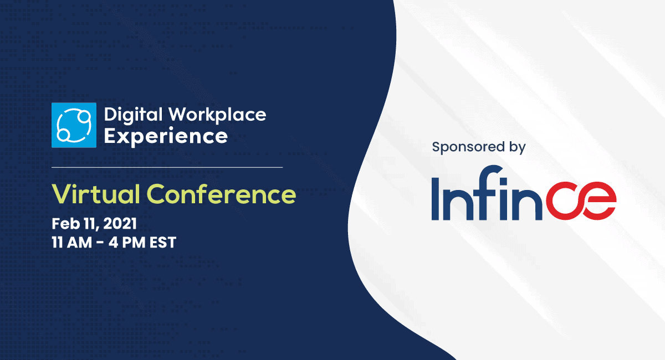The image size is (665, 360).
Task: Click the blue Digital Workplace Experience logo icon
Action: coord(74,125)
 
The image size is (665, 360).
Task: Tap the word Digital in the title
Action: coord(134,115)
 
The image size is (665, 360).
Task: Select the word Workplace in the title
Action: coord(217,115)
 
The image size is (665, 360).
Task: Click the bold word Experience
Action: coord(166,137)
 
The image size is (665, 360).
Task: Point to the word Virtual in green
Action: coord(96,194)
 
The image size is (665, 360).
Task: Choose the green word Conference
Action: coord(222,194)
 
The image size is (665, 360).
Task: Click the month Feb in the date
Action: coord(65,224)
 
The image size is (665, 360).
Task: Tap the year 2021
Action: coord(120,224)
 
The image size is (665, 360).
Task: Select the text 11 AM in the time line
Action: coord(72,243)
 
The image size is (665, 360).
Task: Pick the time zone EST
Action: coord(163,243)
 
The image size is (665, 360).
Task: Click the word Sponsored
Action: coord(468,147)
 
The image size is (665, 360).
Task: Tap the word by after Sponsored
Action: coord(518,147)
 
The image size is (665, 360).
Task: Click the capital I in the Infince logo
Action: coord(436,199)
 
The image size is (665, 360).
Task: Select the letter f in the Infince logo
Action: coord(488,193)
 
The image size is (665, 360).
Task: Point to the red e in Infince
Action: coord(597,200)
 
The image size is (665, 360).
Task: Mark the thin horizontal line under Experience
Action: coord(167,167)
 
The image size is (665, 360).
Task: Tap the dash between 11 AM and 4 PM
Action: coord(100,243)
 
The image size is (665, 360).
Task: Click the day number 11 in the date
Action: coord(89,224)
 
